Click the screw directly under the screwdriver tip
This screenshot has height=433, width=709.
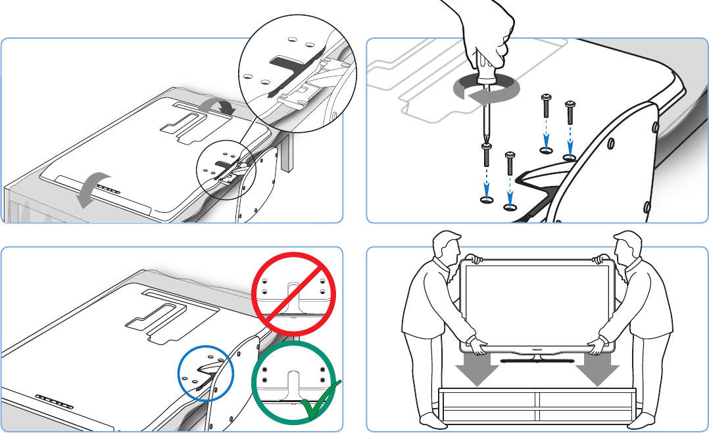click(x=487, y=156)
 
